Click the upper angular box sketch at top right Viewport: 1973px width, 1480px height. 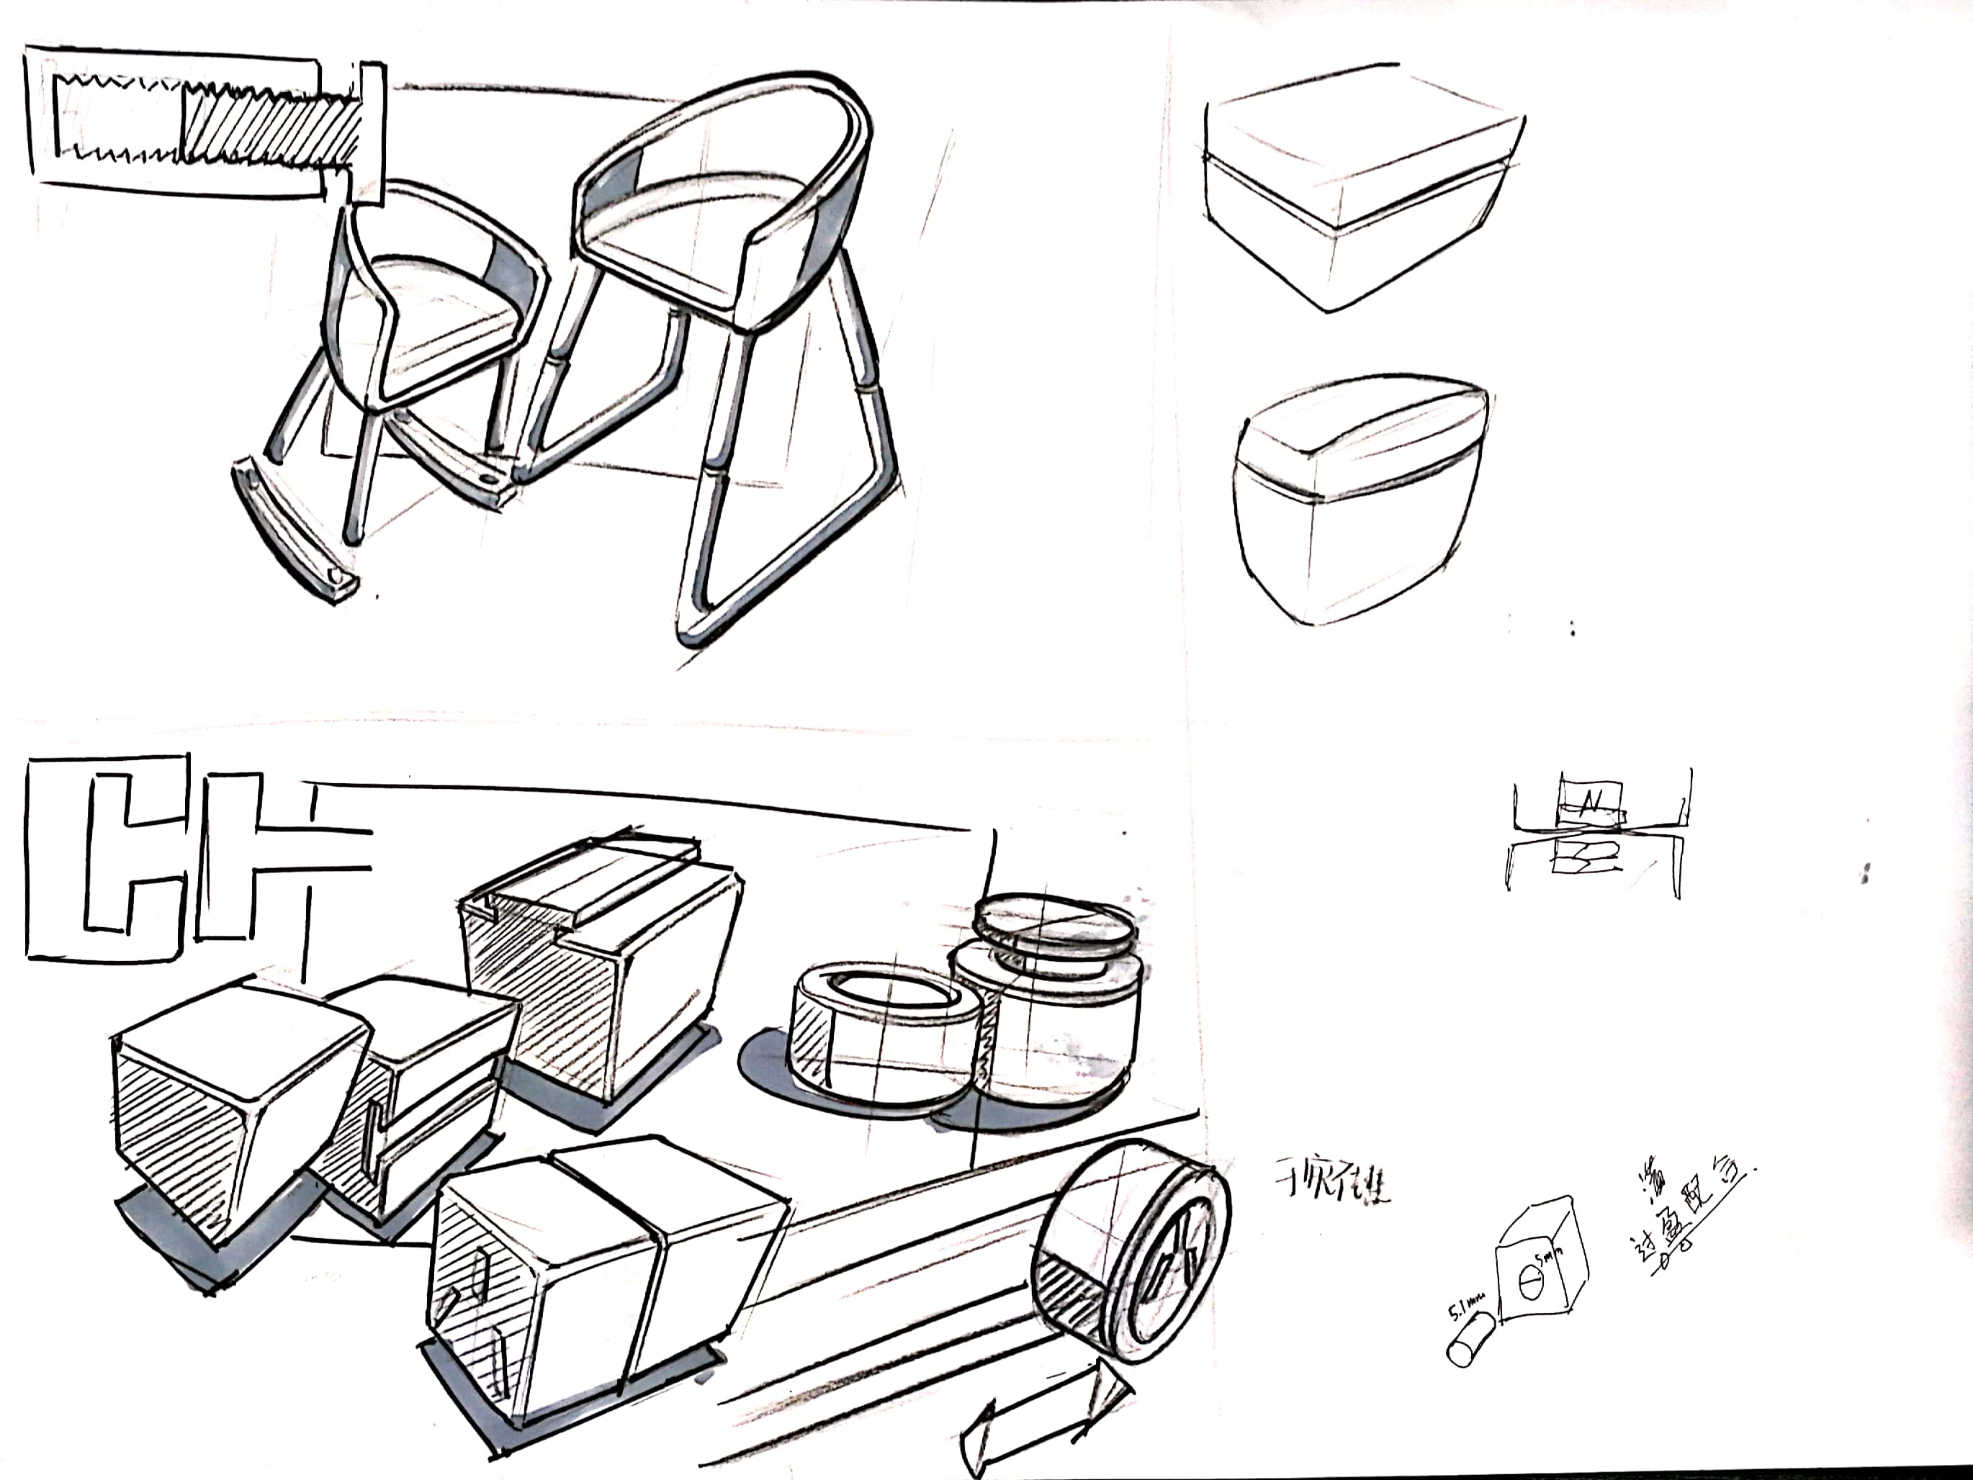click(x=1356, y=183)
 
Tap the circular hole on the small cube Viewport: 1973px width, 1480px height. click(x=1527, y=1289)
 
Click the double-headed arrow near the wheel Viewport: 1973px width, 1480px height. click(x=1048, y=1417)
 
